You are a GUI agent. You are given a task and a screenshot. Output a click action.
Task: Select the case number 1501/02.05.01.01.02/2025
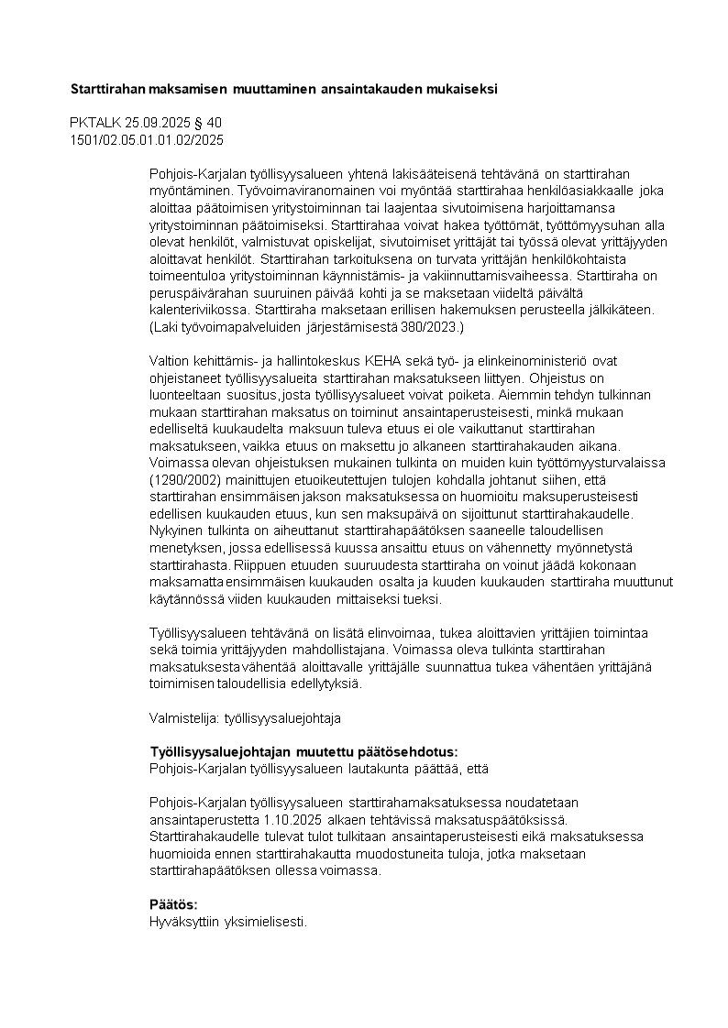[147, 140]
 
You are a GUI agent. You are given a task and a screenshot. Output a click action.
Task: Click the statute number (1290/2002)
[184, 480]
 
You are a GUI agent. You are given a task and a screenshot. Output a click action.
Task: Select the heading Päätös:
[174, 904]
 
